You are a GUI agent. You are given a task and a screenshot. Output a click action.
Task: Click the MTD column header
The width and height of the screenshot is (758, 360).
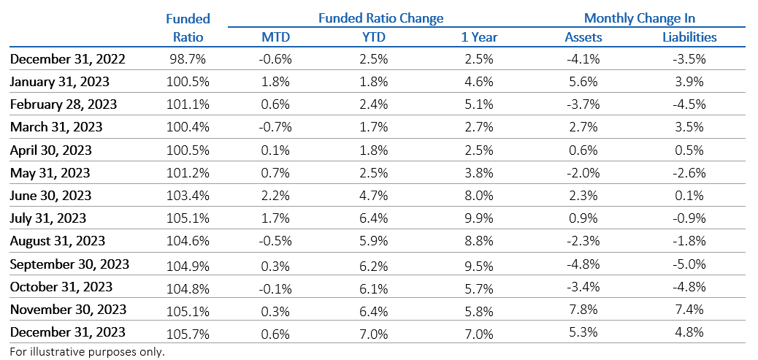click(x=276, y=37)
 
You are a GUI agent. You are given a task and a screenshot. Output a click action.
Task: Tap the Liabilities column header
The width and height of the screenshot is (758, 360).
click(x=689, y=37)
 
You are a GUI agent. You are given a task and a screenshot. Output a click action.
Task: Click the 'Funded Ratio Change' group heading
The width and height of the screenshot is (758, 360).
click(x=380, y=18)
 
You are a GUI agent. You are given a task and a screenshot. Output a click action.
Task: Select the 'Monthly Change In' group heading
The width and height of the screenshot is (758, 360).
click(x=639, y=18)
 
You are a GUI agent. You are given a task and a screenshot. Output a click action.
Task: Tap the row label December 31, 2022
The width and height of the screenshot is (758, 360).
click(x=68, y=59)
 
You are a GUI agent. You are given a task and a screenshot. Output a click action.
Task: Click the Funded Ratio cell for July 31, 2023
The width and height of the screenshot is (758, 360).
click(x=188, y=218)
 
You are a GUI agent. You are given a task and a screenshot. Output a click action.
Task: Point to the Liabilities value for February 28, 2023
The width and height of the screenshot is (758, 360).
click(x=689, y=104)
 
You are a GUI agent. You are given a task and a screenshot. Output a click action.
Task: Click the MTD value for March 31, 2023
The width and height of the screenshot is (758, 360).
click(x=276, y=126)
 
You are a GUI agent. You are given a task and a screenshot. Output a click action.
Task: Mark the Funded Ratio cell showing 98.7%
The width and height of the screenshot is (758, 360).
click(x=188, y=59)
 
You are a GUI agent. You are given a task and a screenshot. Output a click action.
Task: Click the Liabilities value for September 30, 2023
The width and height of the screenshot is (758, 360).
click(x=689, y=264)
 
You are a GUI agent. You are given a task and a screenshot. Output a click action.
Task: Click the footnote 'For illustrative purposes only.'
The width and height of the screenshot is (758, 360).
click(x=88, y=351)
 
